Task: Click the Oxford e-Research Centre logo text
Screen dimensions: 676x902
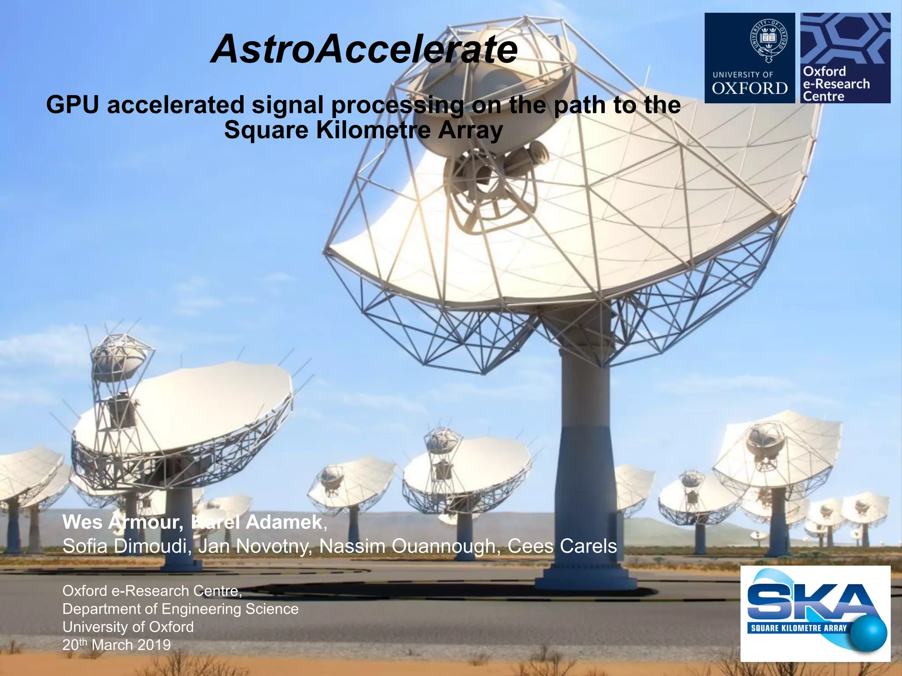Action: [x=835, y=84]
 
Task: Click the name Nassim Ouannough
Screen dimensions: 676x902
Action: [x=409, y=547]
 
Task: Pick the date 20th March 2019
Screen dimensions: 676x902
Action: [x=116, y=645]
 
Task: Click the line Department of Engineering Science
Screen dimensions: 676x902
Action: [x=180, y=609]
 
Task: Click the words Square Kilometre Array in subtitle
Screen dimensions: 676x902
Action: [x=363, y=130]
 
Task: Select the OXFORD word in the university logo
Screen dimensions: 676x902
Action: [x=749, y=88]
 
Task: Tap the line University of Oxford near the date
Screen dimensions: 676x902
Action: [x=128, y=627]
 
